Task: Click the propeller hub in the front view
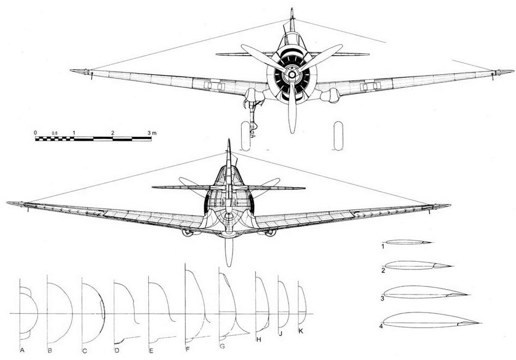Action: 292,75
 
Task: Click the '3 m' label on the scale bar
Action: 152,133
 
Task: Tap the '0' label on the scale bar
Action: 35,133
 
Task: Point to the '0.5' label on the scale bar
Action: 55,133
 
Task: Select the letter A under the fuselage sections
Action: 22,350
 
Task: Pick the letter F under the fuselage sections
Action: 188,349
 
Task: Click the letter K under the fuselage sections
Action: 301,332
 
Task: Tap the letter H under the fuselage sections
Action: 259,340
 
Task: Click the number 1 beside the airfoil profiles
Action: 383,246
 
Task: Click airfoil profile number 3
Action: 426,292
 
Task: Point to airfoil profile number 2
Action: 418,265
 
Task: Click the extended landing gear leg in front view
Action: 253,118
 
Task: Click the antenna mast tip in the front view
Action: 292,9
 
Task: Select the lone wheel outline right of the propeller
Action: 338,136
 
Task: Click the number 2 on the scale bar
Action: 113,133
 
